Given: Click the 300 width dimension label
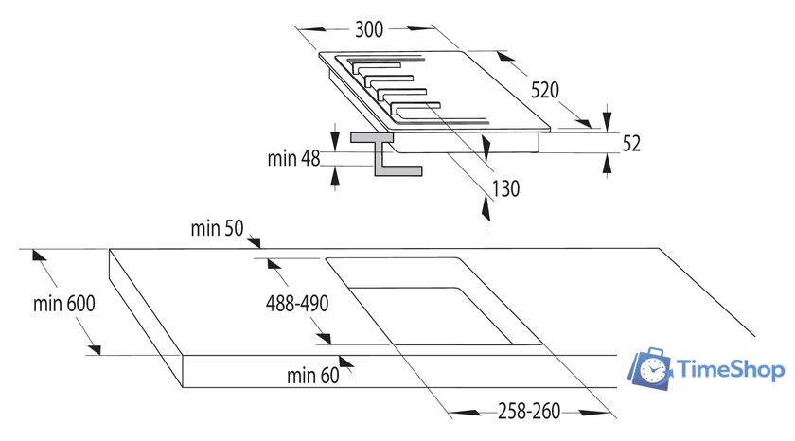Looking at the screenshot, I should coord(369,29).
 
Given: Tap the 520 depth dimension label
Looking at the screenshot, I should coord(544,91).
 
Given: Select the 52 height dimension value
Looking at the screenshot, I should coord(632,143).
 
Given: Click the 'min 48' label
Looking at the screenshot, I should coord(294,158).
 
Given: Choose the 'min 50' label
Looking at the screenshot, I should coord(217,228).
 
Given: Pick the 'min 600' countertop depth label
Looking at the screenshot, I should coord(64,304).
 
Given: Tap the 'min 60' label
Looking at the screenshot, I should coord(312,376).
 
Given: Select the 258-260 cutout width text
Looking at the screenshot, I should coord(530,412).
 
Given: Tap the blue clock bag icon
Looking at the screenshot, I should coord(653,369).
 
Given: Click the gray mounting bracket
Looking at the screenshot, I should coord(383,156).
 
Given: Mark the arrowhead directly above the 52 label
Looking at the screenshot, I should coord(606,123).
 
